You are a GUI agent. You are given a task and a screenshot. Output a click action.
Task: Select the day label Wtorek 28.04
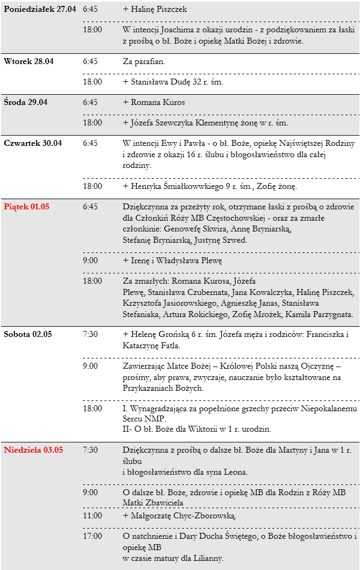29,61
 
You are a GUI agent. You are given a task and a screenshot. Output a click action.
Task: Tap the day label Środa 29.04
26,102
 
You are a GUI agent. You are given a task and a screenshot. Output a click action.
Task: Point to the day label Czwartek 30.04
33,143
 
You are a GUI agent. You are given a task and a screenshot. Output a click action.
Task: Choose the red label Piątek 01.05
26,207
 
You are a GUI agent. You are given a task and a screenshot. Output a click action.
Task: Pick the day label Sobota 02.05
28,334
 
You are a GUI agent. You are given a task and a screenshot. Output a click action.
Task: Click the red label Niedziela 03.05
33,450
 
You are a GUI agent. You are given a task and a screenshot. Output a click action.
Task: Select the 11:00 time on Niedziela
92,516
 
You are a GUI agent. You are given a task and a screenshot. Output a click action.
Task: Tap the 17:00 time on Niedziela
92,536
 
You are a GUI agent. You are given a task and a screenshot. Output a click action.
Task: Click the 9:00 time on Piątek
90,261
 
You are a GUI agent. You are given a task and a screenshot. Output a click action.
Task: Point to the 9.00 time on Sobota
90,366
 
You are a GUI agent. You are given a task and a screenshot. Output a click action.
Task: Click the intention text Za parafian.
144,61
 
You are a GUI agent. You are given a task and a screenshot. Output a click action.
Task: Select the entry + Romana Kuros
154,102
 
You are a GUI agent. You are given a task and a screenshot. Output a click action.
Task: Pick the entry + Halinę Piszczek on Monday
155,9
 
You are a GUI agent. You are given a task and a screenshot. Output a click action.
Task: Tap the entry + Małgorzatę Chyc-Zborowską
180,516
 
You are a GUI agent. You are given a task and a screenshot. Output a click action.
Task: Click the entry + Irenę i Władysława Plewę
172,261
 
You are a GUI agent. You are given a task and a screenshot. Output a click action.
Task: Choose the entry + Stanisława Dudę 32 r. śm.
173,82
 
